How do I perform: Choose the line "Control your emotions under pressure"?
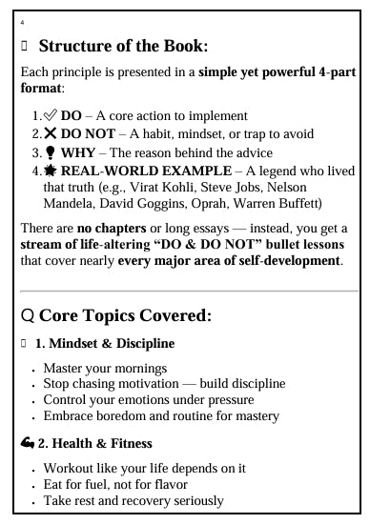pyautogui.click(x=149, y=400)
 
